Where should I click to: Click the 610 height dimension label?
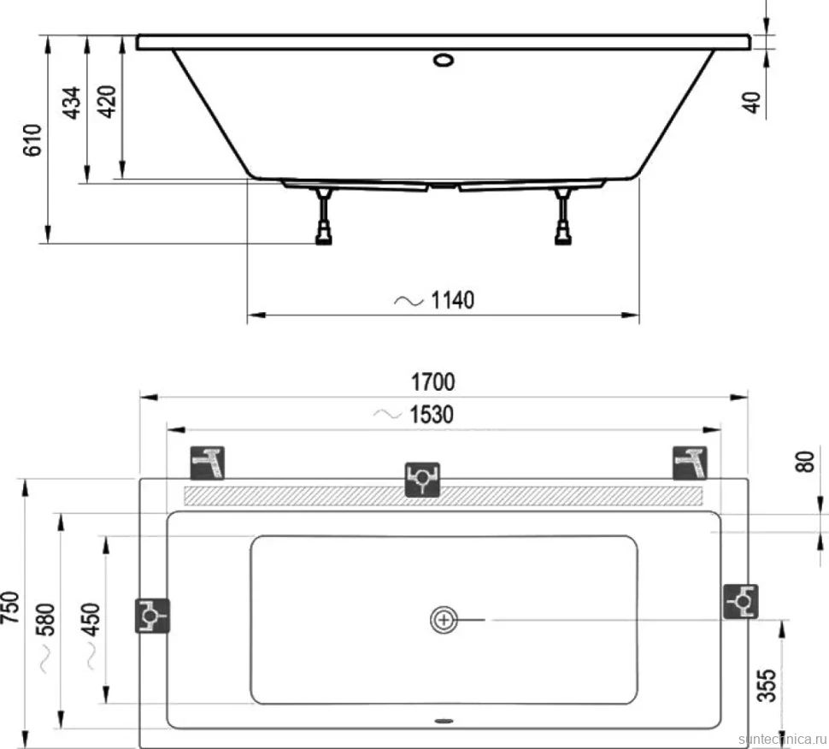[32, 139]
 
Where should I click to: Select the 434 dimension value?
[72, 103]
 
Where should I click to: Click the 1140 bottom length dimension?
[453, 300]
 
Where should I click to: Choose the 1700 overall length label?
[433, 382]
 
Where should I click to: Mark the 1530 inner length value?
[432, 414]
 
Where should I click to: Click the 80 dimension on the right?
[805, 462]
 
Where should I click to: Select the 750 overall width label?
[10, 607]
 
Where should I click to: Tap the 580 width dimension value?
[46, 619]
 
